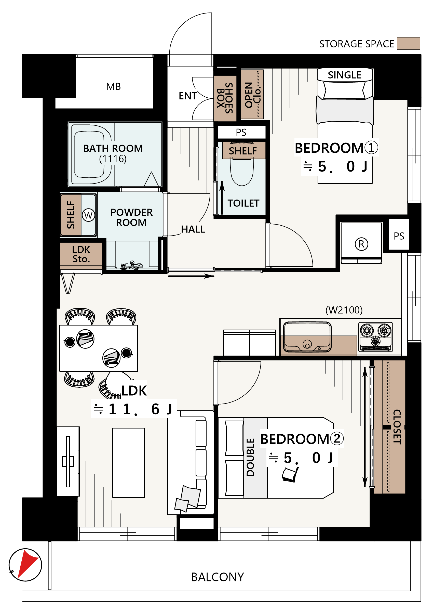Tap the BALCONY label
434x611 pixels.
point(217,577)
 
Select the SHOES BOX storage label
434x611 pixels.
point(225,98)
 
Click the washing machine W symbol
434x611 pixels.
point(88,215)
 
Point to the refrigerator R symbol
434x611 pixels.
point(361,244)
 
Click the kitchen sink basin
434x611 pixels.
point(307,337)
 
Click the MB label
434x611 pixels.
point(113,87)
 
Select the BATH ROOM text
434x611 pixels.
point(113,148)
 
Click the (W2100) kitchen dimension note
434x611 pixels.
point(344,310)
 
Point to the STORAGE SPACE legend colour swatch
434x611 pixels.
point(408,43)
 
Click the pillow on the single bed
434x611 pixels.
point(344,90)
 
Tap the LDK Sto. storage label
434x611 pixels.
point(81,254)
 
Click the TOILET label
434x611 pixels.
point(243,203)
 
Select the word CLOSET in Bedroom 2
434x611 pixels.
point(397,427)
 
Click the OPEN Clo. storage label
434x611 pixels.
point(252,95)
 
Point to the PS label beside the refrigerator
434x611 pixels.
point(399,236)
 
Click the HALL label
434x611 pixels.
point(193,229)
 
